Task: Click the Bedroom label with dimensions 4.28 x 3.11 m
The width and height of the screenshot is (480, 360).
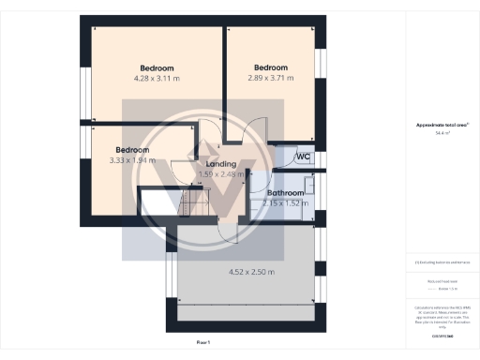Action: coord(157,68)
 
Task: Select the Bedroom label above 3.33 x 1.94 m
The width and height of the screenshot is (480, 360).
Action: coord(132,150)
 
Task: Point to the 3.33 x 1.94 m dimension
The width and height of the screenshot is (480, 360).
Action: coord(132,160)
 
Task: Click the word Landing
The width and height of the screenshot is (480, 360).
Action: coord(220,164)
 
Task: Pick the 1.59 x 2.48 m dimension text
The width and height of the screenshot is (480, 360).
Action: coord(221,173)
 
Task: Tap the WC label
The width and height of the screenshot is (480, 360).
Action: coord(303,157)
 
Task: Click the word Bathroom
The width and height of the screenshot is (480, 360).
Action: coord(285,193)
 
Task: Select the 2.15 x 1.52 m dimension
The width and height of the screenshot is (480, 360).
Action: coord(285,202)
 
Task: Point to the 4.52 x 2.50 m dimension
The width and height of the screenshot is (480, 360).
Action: coord(251,272)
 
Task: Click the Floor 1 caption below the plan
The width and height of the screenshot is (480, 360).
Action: coord(203,343)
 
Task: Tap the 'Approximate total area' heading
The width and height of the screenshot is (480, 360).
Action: coord(442,125)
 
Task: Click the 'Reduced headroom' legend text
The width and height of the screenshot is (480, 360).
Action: coord(442,280)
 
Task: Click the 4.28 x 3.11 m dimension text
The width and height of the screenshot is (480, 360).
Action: coord(157,79)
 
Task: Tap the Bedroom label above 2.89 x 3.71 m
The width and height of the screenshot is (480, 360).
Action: coord(271,67)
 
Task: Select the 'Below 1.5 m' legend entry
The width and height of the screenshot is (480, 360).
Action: coord(446,288)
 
